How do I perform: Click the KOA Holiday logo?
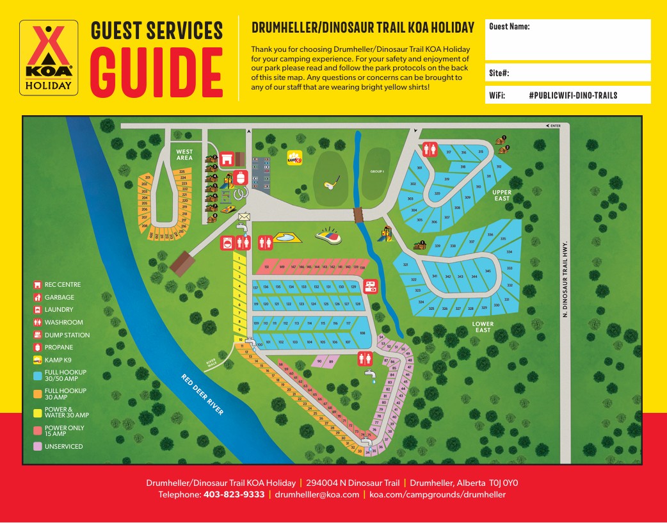click(49, 58)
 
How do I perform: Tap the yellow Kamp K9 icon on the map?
click(294, 157)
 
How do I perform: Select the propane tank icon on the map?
click(241, 177)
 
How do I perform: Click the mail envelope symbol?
click(243, 217)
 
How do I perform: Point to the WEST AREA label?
click(184, 154)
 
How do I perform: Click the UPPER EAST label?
click(502, 195)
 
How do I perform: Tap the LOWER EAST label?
click(483, 327)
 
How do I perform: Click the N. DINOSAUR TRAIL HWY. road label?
click(565, 278)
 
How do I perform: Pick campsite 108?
click(362, 333)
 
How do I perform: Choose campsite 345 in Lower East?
click(488, 271)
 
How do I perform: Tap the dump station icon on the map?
click(370, 286)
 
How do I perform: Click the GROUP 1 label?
click(377, 172)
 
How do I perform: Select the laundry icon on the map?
click(227, 242)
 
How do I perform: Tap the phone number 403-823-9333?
click(234, 495)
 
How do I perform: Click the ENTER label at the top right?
click(554, 126)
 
